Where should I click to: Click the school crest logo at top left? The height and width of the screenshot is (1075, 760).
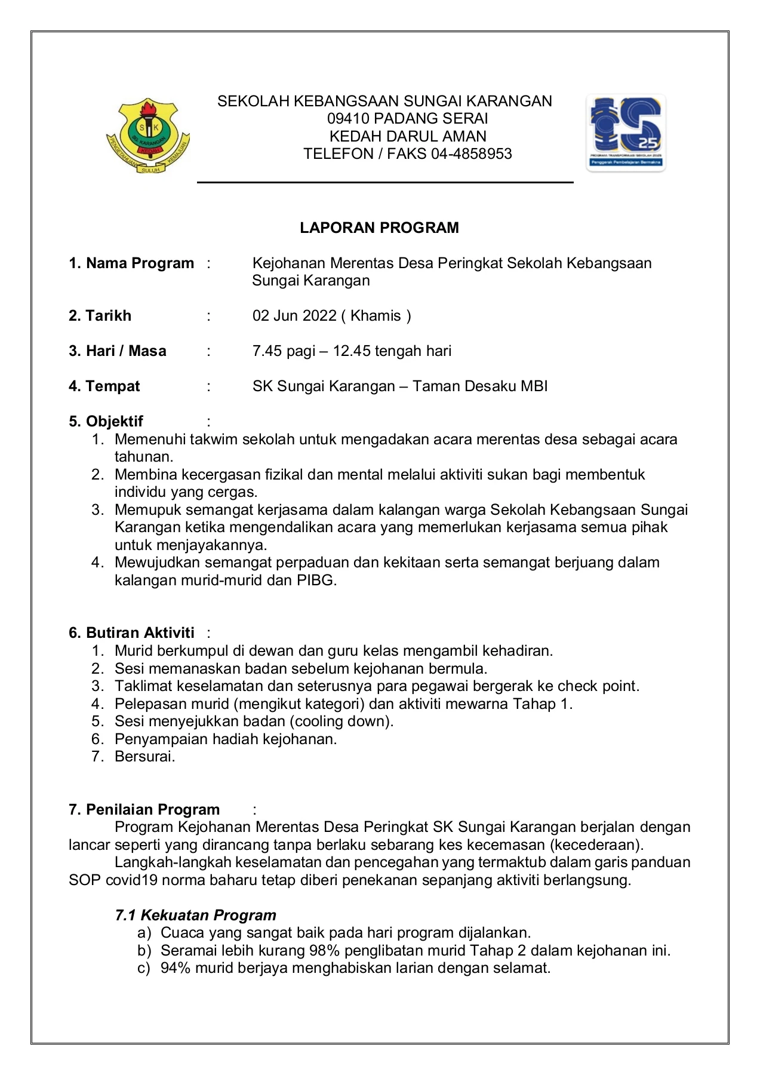click(x=147, y=137)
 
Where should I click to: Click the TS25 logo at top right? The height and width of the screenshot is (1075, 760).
click(x=626, y=133)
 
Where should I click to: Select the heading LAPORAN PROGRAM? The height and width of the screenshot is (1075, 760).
click(x=379, y=228)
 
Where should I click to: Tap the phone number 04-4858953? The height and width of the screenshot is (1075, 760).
click(x=471, y=154)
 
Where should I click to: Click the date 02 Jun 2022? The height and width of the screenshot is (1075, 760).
click(x=294, y=316)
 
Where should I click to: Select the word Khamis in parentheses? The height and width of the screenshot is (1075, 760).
click(x=376, y=316)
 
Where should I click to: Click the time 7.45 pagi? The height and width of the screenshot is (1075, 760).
click(x=284, y=351)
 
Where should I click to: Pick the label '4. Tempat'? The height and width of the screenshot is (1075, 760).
click(x=104, y=386)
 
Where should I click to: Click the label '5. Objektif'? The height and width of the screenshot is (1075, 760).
click(x=106, y=422)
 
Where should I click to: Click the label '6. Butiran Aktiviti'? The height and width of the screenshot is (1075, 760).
click(x=132, y=633)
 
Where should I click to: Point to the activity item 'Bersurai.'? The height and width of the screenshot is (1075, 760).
click(x=145, y=757)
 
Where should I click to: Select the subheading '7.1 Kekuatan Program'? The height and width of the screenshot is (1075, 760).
click(x=196, y=916)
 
